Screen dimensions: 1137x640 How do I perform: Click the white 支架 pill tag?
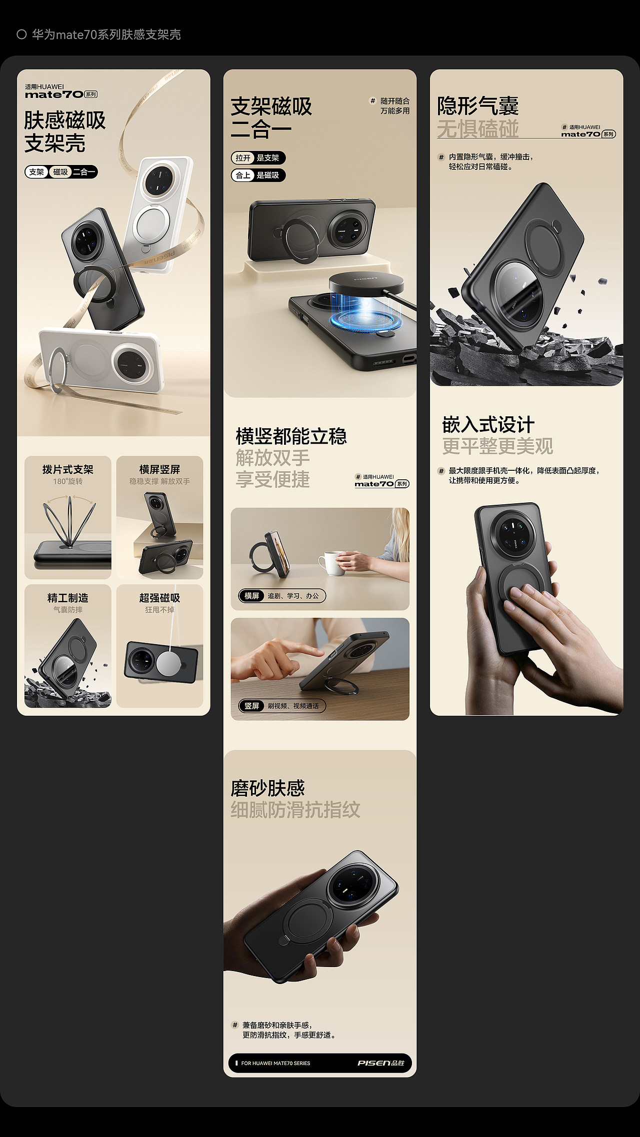tap(36, 172)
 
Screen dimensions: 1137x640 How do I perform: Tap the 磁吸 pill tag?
tap(60, 172)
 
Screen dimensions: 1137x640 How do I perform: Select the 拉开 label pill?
tap(243, 158)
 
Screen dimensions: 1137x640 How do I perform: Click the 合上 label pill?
tap(243, 175)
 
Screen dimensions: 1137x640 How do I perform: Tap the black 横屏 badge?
tap(252, 596)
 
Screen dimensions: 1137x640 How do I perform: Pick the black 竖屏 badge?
tap(252, 706)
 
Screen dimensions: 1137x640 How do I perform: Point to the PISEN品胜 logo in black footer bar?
tap(380, 1063)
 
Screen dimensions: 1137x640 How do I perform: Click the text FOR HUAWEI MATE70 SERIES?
tap(275, 1063)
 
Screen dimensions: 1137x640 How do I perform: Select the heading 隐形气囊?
tap(478, 106)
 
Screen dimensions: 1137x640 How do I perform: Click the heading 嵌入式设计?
tap(488, 425)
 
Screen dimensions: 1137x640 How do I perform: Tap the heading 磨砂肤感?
tap(267, 788)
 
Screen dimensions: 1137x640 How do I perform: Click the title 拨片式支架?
tap(68, 469)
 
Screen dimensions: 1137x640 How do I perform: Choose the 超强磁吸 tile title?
tap(159, 598)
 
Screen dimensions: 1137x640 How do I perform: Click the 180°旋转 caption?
tap(68, 481)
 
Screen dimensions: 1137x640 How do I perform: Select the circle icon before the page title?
tap(21, 34)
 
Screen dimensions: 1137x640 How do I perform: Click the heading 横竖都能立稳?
tap(291, 436)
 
